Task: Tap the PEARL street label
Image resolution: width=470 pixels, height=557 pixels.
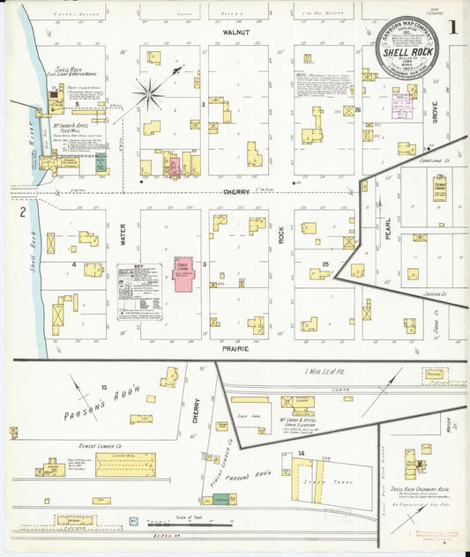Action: (387, 228)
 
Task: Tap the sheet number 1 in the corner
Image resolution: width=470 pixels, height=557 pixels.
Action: (451, 26)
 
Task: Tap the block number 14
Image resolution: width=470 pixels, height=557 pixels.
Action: (301, 453)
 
